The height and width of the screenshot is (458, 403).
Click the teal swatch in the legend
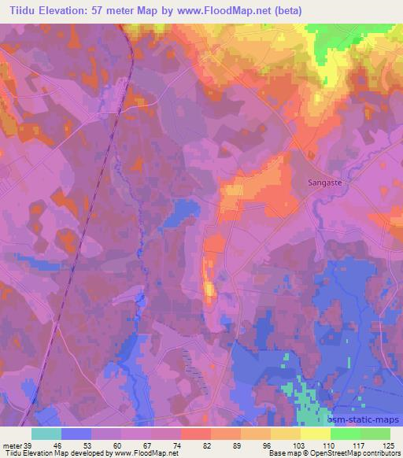[46, 434]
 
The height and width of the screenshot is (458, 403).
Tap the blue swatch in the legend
[76, 434]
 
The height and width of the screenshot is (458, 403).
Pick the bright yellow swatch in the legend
[315, 434]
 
